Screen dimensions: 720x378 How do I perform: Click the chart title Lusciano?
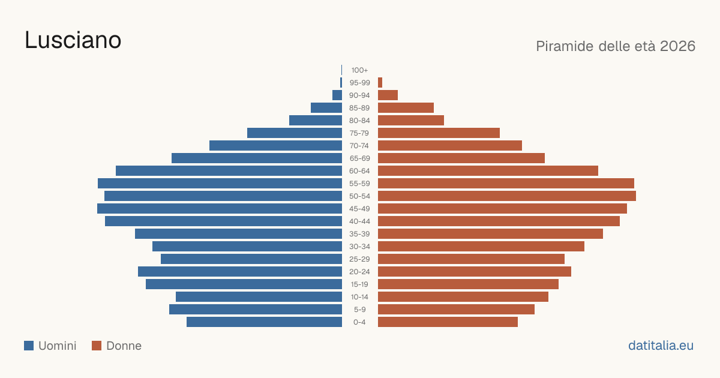click(x=73, y=40)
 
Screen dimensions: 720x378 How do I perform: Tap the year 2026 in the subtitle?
click(x=677, y=46)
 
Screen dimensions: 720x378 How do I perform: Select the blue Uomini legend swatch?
click(x=29, y=346)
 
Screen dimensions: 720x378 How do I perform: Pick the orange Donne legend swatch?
click(x=97, y=346)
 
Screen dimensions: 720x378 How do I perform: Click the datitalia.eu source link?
click(x=661, y=346)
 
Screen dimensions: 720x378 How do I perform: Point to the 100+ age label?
click(x=359, y=70)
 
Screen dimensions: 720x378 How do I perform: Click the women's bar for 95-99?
click(x=380, y=83)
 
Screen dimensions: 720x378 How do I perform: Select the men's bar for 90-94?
click(x=337, y=95)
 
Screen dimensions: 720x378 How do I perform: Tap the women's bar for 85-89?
click(x=406, y=107)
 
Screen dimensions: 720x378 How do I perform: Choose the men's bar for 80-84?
click(x=316, y=120)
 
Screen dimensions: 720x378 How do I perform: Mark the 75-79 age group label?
click(x=359, y=133)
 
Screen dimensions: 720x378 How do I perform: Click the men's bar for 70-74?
click(x=276, y=146)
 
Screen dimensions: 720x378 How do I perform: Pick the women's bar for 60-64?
click(x=488, y=170)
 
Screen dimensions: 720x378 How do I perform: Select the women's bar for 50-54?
click(x=507, y=196)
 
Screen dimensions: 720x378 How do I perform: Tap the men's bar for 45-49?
click(x=220, y=209)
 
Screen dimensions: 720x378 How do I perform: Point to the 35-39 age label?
click(x=359, y=234)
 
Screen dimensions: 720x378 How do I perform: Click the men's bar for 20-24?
click(x=240, y=272)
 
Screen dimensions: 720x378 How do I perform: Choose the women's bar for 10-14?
click(x=463, y=296)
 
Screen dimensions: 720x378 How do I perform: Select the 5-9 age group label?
click(x=359, y=310)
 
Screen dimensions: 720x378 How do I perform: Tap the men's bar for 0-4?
click(x=264, y=322)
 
